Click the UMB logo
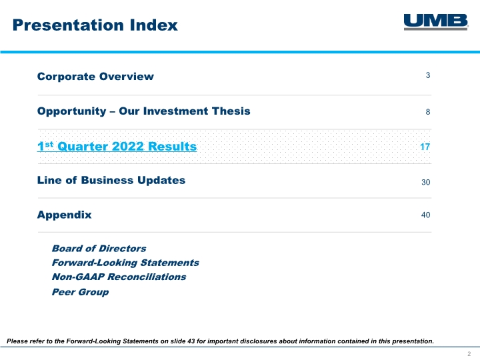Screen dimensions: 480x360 436,22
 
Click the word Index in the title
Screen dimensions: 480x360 154,25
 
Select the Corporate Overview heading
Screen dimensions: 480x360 95,76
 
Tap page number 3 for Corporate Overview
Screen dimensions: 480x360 428,75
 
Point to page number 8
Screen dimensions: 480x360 428,112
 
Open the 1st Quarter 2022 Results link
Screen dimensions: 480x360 117,146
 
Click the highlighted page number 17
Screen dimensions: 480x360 425,147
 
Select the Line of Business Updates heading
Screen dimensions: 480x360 111,180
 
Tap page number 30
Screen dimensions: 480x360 426,182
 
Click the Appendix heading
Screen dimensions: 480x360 64,215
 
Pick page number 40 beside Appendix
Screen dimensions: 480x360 426,215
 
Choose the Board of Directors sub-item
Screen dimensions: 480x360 99,248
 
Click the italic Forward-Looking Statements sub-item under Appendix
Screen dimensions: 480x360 125,263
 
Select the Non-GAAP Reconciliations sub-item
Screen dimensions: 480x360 119,277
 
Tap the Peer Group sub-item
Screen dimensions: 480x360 80,292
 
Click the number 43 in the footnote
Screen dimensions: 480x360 191,341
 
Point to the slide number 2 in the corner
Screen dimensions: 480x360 469,354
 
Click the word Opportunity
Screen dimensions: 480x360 71,111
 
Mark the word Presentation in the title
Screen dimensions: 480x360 69,25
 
